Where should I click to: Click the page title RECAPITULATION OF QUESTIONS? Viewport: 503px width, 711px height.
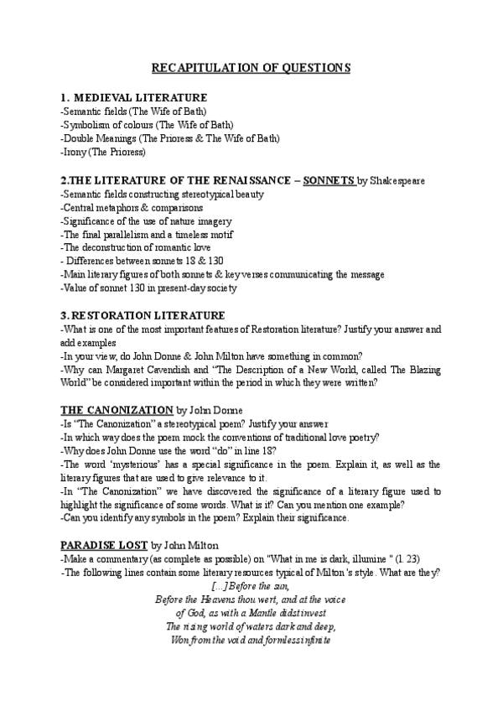tap(251, 68)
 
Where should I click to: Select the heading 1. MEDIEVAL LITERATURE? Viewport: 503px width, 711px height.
tap(134, 98)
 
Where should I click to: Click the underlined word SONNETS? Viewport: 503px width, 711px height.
tap(329, 180)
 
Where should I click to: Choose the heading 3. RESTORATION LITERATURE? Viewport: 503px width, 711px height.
tap(143, 315)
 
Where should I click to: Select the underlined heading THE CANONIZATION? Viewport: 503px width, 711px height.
tap(117, 410)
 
